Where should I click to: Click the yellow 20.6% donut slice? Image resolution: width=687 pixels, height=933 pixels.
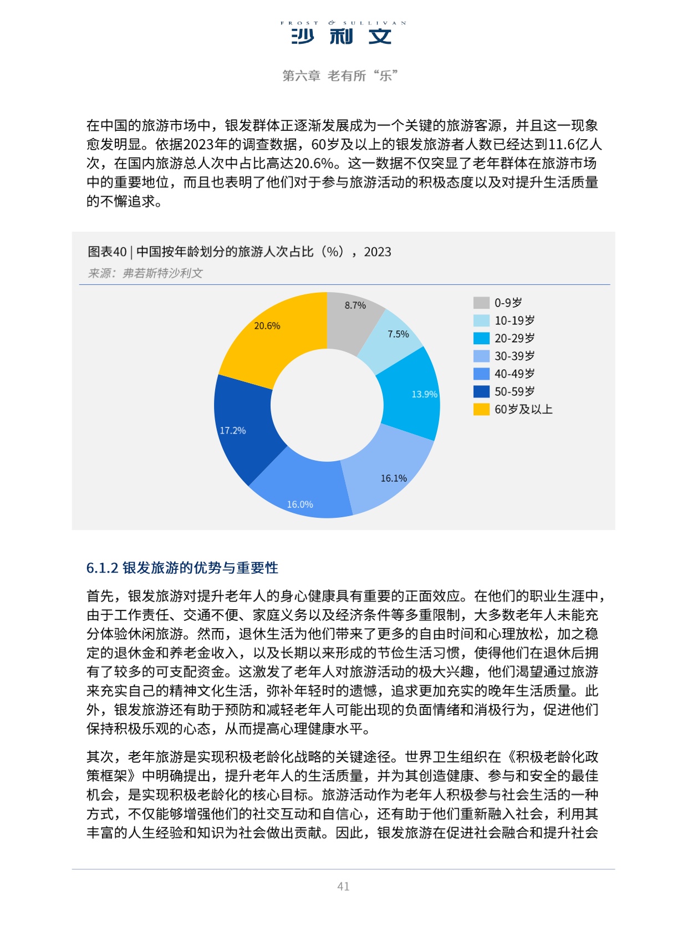pyautogui.click(x=272, y=338)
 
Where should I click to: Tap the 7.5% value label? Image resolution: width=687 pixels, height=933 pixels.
pyautogui.click(x=398, y=334)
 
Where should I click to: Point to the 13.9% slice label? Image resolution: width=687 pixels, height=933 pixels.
pyautogui.click(x=424, y=394)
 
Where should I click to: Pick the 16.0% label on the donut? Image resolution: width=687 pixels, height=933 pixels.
pyautogui.click(x=300, y=504)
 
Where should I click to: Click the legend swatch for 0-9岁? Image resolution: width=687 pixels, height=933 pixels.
pyautogui.click(x=481, y=303)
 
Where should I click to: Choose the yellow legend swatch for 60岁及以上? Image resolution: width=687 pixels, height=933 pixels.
pyautogui.click(x=481, y=409)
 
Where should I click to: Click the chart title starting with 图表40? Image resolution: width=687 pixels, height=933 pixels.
pyautogui.click(x=239, y=252)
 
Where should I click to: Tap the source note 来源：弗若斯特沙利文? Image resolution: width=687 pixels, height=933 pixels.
pyautogui.click(x=145, y=273)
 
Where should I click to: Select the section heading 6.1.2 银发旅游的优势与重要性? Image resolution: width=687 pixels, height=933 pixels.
pyautogui.click(x=182, y=568)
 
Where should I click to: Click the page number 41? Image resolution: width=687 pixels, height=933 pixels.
pyautogui.click(x=343, y=886)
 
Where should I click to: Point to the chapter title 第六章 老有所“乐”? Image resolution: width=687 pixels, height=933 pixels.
pyautogui.click(x=340, y=76)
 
